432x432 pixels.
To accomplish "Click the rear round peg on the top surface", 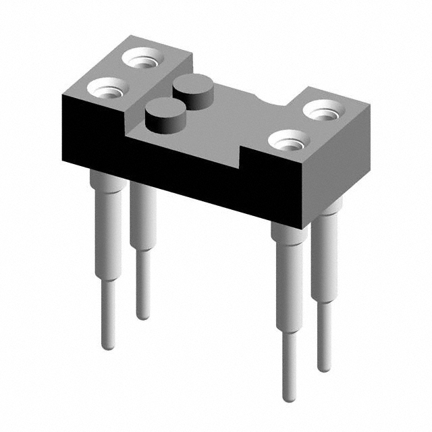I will tap(191, 88).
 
